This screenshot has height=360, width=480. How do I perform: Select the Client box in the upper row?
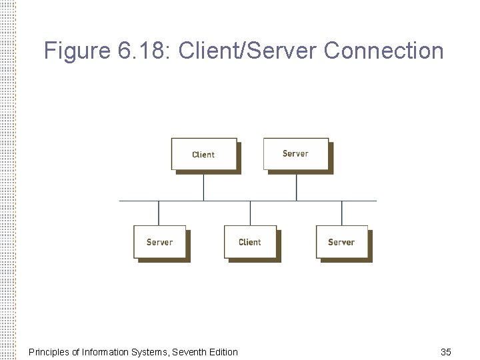[203, 154]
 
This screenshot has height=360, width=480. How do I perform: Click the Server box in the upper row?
[295, 153]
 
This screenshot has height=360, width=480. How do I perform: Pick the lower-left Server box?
[159, 242]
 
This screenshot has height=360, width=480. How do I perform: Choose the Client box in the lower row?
[250, 242]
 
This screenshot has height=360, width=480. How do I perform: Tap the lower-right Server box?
[341, 242]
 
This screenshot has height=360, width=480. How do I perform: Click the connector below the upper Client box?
[204, 187]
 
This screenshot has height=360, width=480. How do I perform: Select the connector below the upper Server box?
[296, 187]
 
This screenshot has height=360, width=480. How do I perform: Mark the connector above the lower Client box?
[250, 213]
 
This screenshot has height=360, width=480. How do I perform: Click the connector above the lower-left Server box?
[159, 213]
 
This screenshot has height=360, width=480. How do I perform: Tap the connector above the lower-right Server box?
[342, 213]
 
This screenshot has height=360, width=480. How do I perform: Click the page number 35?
[446, 351]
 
